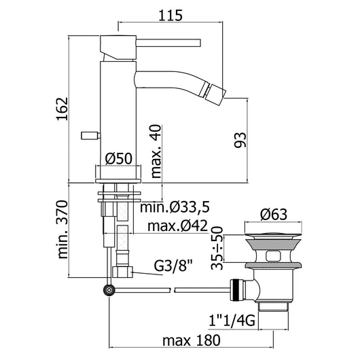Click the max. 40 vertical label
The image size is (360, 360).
click(157, 150)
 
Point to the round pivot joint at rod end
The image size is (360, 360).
click(109, 290)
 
